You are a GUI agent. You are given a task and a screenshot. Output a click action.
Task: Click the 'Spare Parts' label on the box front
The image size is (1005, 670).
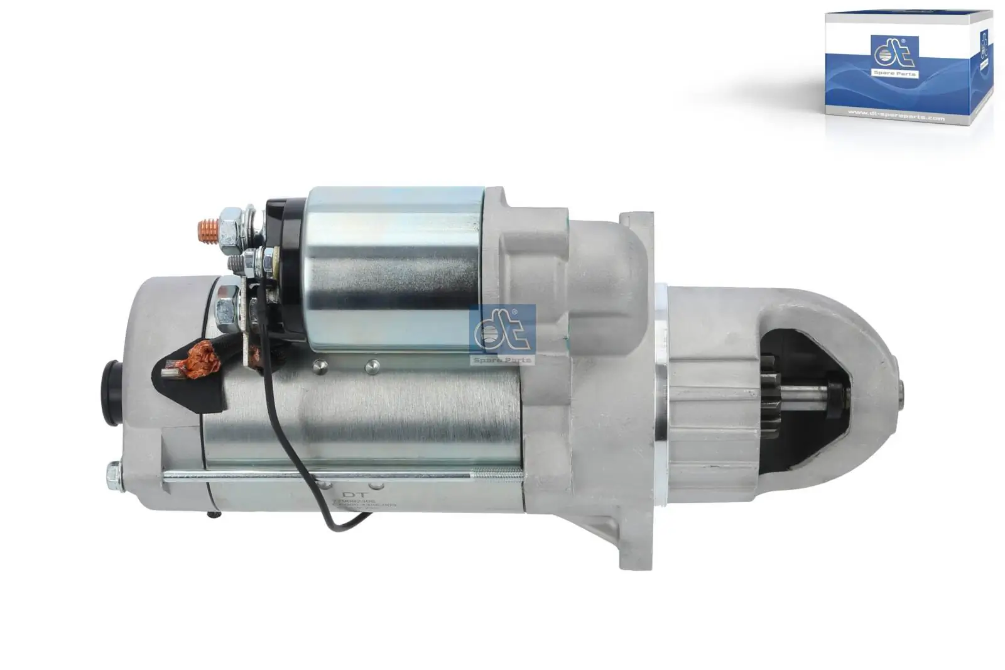click(894, 74)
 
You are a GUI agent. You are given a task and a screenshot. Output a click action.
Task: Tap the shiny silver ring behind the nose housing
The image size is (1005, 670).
click(661, 365)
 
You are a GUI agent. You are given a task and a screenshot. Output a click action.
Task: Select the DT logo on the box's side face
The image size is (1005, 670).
click(984, 44)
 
